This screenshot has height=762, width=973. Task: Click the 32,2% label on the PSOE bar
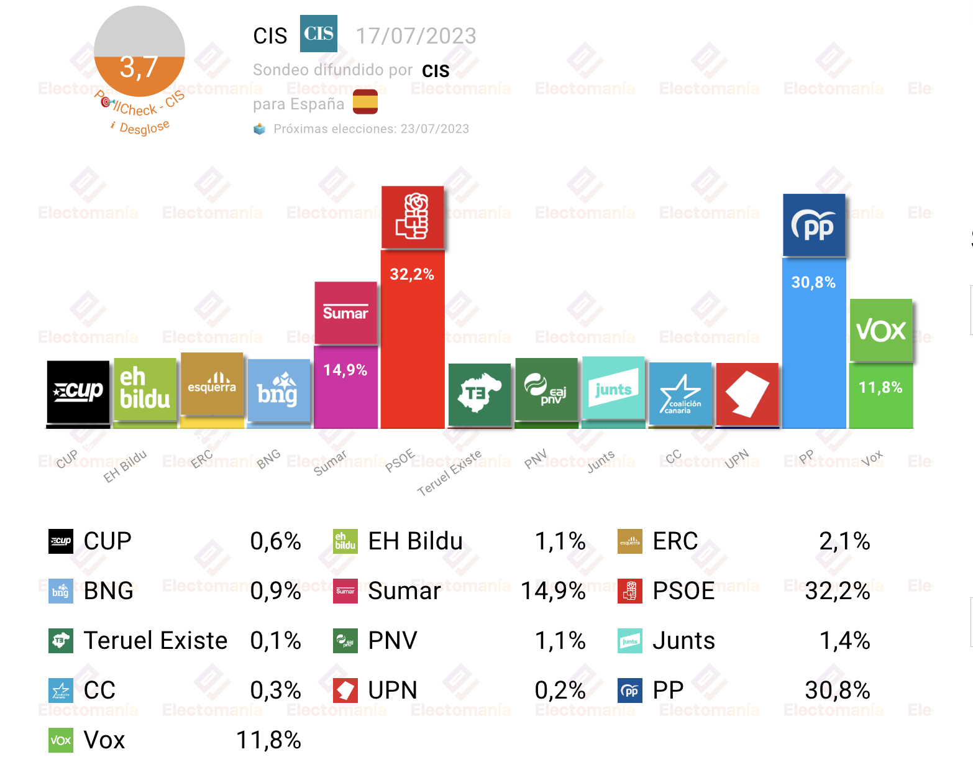(x=412, y=274)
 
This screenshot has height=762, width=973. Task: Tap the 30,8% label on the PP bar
(x=813, y=282)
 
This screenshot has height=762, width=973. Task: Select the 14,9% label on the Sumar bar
(x=345, y=370)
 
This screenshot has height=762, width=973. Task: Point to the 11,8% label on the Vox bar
(x=880, y=387)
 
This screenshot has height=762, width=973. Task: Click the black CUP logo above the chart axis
(x=78, y=392)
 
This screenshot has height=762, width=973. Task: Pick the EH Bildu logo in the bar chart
(x=145, y=389)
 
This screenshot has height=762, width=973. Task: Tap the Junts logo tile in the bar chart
(x=613, y=388)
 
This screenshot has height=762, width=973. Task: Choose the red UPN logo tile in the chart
(x=747, y=394)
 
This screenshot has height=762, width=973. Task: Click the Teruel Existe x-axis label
(x=450, y=473)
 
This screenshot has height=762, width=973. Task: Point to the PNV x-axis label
(x=536, y=459)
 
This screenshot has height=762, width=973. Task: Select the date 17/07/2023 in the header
(x=416, y=36)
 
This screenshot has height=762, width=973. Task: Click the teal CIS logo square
(x=318, y=34)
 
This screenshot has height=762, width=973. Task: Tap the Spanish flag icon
(x=365, y=102)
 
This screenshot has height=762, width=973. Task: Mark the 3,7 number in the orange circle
(x=139, y=67)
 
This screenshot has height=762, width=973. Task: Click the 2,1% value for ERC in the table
(x=844, y=541)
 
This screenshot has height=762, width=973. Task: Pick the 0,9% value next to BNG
(x=275, y=591)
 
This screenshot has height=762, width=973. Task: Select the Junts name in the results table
(x=683, y=641)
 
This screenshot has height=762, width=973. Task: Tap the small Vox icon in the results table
(x=61, y=740)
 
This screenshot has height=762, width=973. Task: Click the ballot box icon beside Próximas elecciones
(x=259, y=129)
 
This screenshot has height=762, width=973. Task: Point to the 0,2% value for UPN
(x=560, y=691)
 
